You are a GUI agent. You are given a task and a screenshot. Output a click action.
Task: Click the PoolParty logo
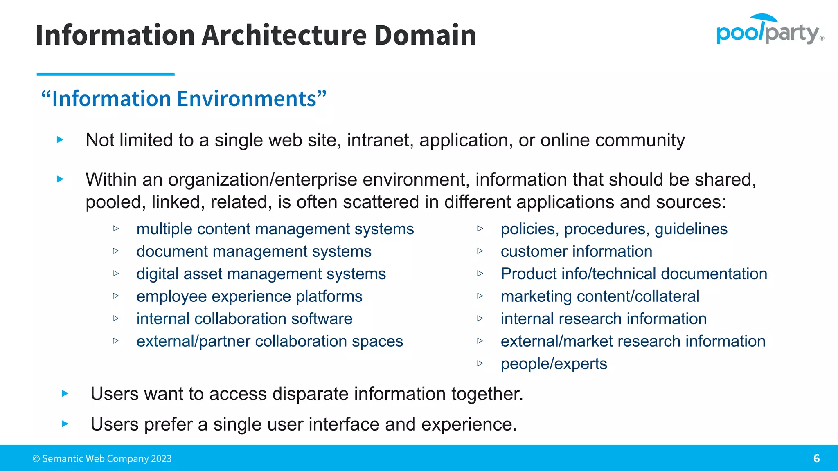point(769,30)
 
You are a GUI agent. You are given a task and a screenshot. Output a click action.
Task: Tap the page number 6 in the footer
point(816,458)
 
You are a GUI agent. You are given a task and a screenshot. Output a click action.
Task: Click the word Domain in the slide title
point(425,35)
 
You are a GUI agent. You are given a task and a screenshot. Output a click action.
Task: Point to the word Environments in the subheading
point(247,99)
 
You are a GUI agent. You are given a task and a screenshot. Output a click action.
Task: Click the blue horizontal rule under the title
point(106,74)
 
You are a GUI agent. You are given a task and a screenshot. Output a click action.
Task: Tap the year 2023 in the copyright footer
point(161,459)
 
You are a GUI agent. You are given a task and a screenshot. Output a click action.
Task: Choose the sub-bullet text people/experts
point(554,364)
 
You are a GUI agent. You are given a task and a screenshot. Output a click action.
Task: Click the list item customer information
point(576,251)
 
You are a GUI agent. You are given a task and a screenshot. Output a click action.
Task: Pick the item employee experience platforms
point(249,296)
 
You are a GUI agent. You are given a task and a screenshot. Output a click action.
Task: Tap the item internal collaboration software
point(244,319)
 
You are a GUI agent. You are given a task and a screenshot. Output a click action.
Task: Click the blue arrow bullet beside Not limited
point(60,140)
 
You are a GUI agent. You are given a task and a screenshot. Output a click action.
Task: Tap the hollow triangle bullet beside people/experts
point(480,363)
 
